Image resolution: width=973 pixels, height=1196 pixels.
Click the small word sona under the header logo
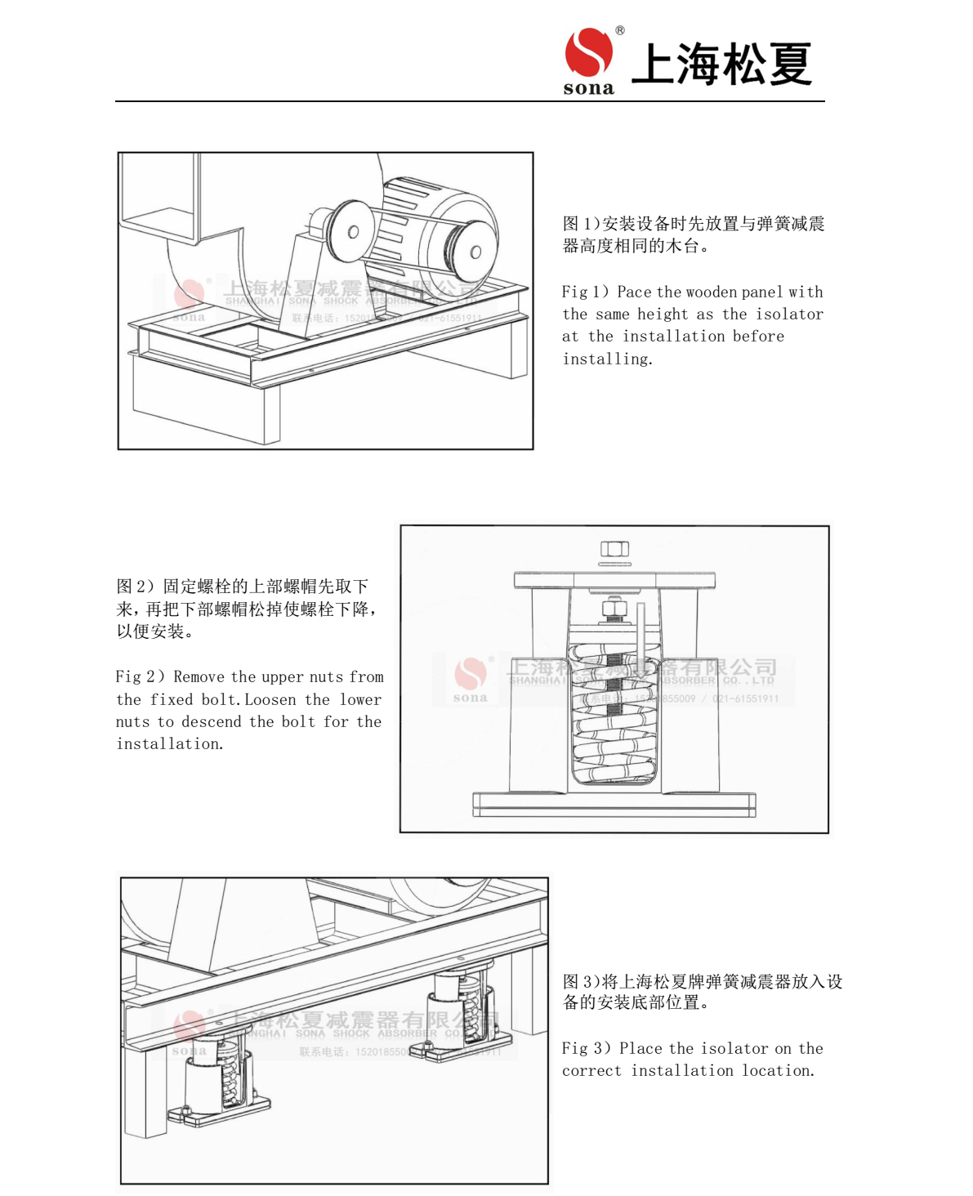[588, 88]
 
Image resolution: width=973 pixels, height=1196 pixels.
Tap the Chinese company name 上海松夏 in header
[721, 64]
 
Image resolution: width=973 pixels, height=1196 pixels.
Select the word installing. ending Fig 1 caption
[607, 359]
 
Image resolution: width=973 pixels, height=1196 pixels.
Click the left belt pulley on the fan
[350, 232]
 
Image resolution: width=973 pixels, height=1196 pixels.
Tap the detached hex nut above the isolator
[614, 548]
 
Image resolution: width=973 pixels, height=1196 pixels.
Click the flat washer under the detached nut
[614, 564]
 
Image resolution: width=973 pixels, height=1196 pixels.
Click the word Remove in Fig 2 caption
[199, 676]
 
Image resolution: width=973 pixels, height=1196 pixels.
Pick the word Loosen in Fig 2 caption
[270, 699]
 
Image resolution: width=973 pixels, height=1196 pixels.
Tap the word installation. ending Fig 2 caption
[169, 743]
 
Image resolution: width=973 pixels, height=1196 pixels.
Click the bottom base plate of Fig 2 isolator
[614, 804]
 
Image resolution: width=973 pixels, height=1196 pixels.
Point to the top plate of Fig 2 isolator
[614, 580]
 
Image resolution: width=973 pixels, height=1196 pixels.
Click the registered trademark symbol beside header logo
[620, 30]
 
